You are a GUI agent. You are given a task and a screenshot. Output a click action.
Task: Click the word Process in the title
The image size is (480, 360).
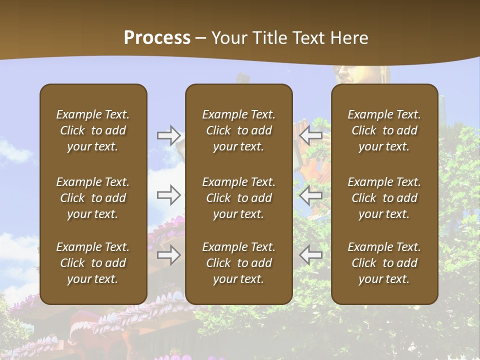[x=157, y=38]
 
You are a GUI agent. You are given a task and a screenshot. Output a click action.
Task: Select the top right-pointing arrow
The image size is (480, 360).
[x=169, y=135]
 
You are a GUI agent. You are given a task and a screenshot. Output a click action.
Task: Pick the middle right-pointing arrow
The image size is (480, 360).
[x=169, y=195]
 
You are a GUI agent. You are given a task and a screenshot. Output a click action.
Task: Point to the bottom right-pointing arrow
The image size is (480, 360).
[x=169, y=255]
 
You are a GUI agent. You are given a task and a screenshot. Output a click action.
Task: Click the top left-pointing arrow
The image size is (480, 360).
[x=311, y=135]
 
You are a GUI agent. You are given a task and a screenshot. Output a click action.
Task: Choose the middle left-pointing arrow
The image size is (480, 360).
[x=311, y=195]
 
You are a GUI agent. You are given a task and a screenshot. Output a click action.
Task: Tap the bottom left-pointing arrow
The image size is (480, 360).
[x=311, y=255]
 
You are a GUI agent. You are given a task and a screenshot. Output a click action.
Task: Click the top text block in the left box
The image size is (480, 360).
[x=93, y=130]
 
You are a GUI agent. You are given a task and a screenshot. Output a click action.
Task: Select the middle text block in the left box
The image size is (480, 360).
[x=93, y=198]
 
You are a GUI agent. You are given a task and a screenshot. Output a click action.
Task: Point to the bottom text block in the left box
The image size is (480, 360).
[x=93, y=263]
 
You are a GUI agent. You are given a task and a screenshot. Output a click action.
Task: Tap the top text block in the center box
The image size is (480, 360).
[x=239, y=130]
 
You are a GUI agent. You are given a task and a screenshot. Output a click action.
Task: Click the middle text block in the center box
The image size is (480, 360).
[x=239, y=198]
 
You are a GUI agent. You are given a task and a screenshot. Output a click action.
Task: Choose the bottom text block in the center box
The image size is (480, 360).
[x=239, y=263]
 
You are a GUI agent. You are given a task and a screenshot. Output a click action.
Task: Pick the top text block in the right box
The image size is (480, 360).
[x=384, y=130]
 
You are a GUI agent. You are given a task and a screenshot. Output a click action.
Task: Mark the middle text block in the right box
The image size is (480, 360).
[x=384, y=198]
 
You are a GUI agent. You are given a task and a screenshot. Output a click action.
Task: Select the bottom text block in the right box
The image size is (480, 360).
[x=384, y=263]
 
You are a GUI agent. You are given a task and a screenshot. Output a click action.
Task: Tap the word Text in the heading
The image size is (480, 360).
[x=309, y=38]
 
